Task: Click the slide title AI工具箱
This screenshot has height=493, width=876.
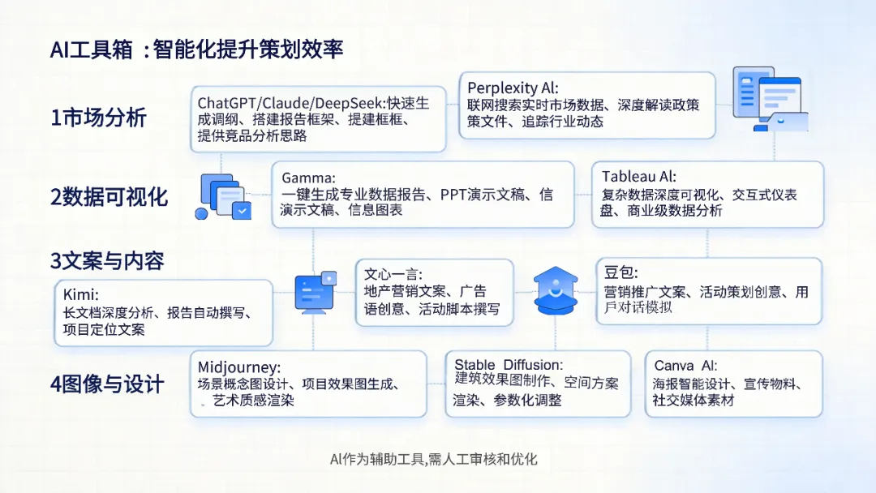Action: point(89,49)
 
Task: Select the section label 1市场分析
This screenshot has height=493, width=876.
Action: point(98,118)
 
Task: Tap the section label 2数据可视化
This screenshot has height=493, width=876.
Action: point(109,196)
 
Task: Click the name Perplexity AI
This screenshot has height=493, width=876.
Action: point(513,88)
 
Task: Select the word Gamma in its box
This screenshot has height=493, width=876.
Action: point(308,178)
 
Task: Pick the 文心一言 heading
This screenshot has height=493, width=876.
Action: point(393,274)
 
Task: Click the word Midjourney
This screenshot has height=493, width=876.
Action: point(239,367)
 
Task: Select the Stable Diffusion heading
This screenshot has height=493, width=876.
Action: point(509,365)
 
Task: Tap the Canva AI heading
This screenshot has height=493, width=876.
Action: point(686,366)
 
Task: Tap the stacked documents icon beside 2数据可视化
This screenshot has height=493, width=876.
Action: point(224,196)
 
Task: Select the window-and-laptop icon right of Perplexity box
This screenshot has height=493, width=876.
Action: point(769,99)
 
